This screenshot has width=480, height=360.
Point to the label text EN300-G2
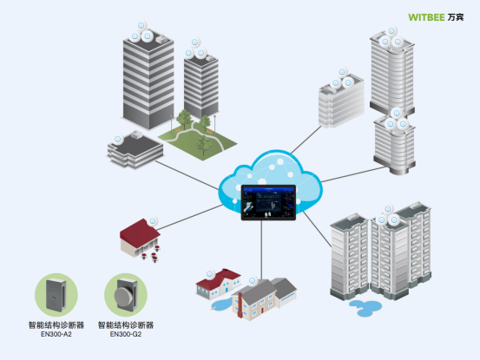125,334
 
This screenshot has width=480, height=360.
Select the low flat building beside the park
135,148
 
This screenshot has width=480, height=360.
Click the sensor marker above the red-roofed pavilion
153,220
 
